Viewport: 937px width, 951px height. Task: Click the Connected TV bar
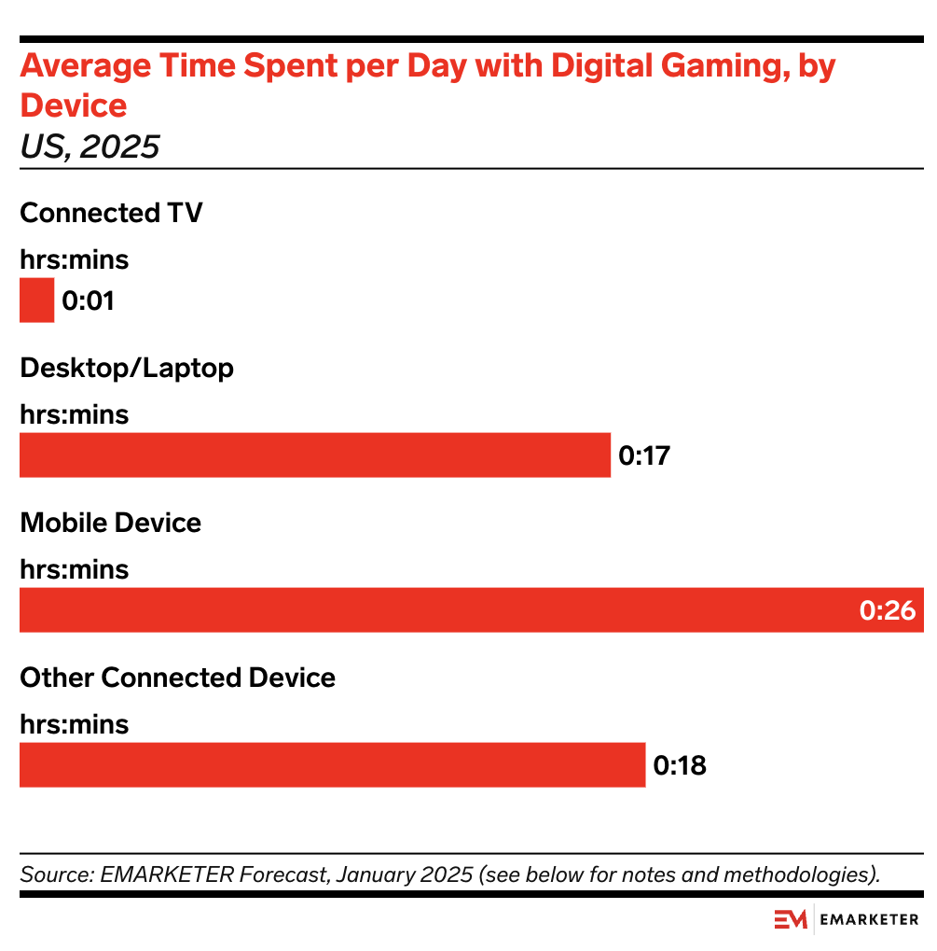(36, 301)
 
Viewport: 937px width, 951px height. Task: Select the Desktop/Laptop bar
(314, 455)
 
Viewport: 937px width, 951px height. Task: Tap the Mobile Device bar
(438, 610)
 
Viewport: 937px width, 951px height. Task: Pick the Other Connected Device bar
(332, 765)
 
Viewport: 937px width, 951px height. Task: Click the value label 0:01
(88, 301)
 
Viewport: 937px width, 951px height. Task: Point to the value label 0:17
(644, 456)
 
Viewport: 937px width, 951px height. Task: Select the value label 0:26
(888, 611)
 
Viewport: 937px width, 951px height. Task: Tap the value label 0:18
(680, 766)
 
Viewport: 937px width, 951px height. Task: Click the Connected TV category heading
(111, 213)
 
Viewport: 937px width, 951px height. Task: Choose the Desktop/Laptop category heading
(127, 368)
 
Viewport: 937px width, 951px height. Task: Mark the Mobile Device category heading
(110, 523)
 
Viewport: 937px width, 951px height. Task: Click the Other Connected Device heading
(177, 678)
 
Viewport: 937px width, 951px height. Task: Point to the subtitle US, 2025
(90, 147)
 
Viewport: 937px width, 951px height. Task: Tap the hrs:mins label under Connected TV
(75, 260)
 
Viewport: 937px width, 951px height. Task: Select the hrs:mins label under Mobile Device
(75, 570)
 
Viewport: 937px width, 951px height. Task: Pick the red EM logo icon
(791, 920)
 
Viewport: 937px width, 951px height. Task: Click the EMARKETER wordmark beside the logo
(869, 920)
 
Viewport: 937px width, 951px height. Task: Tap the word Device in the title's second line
(74, 105)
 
